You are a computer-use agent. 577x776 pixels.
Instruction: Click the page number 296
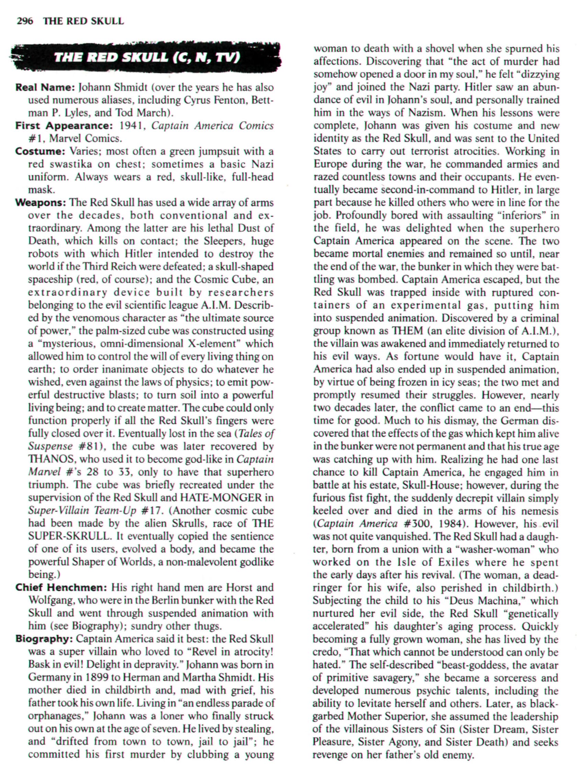pos(24,21)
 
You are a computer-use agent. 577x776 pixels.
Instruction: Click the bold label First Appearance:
pos(65,126)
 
